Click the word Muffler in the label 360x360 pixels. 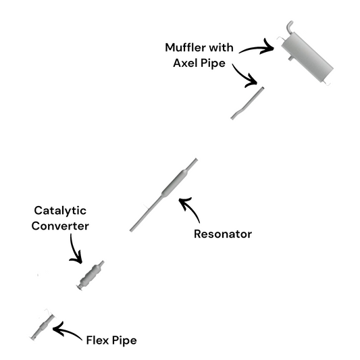185,48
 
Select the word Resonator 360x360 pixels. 223,234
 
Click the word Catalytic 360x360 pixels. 60,211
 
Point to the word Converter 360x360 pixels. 60,226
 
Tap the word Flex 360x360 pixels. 98,340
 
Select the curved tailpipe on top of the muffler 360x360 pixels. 290,26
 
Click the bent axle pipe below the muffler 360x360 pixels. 247,103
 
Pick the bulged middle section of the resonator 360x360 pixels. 175,183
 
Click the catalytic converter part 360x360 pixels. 91,276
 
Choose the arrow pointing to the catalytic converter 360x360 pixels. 74,251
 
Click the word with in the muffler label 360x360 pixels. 222,48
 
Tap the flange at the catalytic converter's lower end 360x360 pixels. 80,287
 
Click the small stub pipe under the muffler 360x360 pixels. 290,58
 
